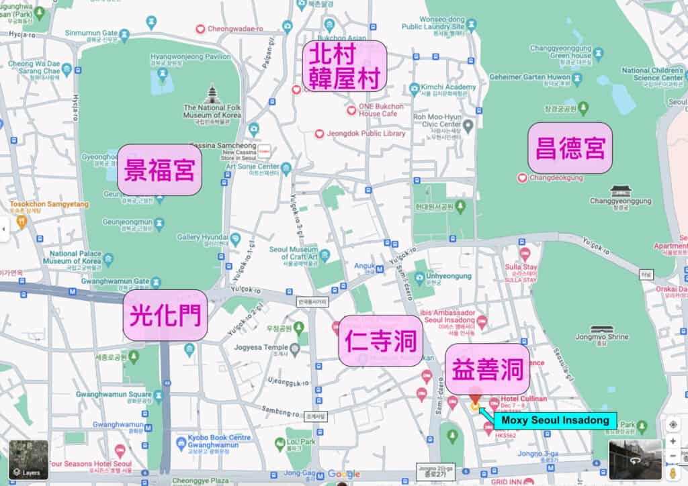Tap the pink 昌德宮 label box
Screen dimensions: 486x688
tap(570, 148)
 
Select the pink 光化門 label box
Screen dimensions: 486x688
tap(165, 315)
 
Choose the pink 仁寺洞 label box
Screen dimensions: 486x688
tap(380, 341)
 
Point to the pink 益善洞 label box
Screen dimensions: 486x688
tap(487, 369)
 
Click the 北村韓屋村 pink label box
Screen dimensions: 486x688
tap(345, 66)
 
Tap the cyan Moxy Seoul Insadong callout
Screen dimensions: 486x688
tap(554, 421)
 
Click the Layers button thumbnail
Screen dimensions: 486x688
tap(28, 460)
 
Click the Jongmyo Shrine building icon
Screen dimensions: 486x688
tap(600, 331)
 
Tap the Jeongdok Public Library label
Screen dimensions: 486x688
tap(366, 134)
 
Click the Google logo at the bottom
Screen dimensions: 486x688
tap(343, 475)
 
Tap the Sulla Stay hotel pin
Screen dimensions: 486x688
tap(525, 254)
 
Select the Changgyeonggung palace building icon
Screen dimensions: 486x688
tap(619, 191)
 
